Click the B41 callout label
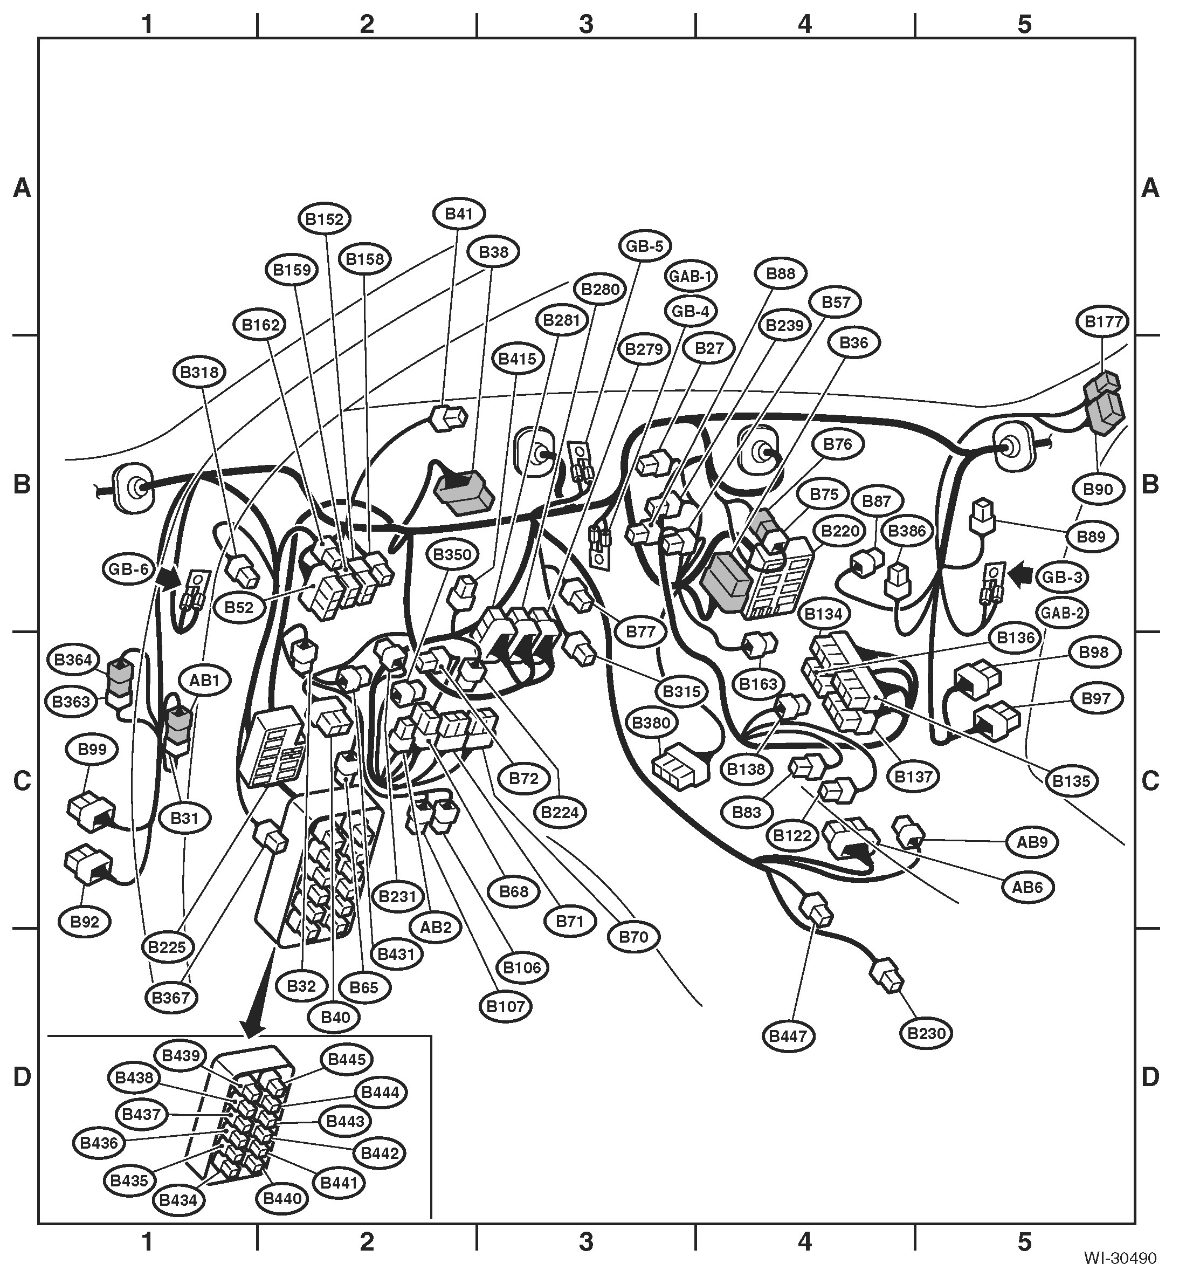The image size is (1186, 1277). (x=459, y=214)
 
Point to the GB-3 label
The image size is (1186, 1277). (x=1062, y=576)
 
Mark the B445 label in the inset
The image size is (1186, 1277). (x=347, y=1059)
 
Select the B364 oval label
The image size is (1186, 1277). (x=73, y=660)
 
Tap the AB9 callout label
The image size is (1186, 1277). (x=1032, y=842)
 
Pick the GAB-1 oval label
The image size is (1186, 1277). (x=691, y=277)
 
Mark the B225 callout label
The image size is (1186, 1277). (x=167, y=947)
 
